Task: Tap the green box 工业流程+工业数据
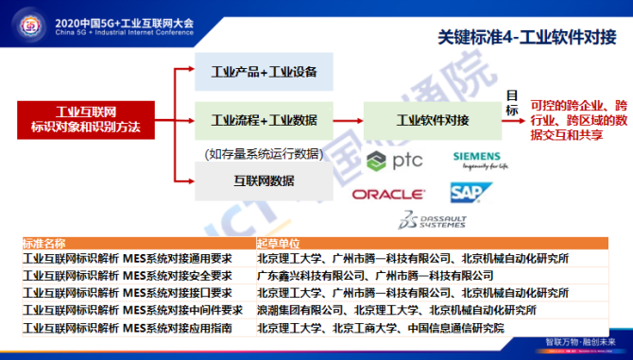coord(264,120)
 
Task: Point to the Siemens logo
coord(481,158)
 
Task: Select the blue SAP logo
coord(467,192)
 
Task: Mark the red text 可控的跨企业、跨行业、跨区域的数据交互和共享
coord(578,121)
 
